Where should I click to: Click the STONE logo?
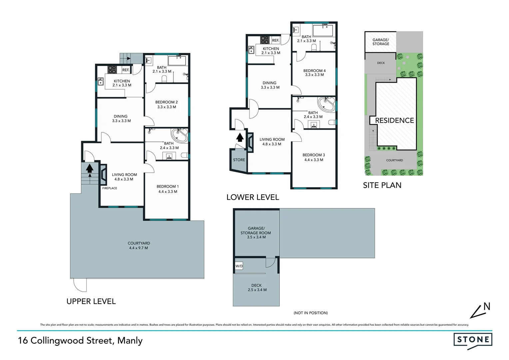pyautogui.click(x=473, y=340)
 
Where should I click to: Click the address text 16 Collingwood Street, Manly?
pyautogui.click(x=80, y=341)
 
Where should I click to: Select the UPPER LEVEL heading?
pyautogui.click(x=91, y=301)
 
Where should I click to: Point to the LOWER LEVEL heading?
pyautogui.click(x=253, y=197)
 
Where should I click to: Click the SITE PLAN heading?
pyautogui.click(x=382, y=185)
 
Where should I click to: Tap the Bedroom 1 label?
pyautogui.click(x=168, y=189)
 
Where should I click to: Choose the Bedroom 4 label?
pyautogui.click(x=314, y=73)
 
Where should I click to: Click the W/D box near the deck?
pyautogui.click(x=239, y=266)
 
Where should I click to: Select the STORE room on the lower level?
pyautogui.click(x=239, y=160)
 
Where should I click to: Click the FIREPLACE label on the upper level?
pyautogui.click(x=110, y=188)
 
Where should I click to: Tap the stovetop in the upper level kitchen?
pyautogui.click(x=112, y=70)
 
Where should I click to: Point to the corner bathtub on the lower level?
pyautogui.click(x=326, y=104)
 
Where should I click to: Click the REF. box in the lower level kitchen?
pyautogui.click(x=275, y=40)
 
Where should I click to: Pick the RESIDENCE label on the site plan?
pyautogui.click(x=394, y=120)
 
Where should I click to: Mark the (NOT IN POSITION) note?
pyautogui.click(x=310, y=313)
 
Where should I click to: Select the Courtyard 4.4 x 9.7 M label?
pyautogui.click(x=139, y=246)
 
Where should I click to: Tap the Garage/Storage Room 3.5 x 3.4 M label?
pyautogui.click(x=255, y=233)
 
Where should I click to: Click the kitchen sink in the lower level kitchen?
pyautogui.click(x=252, y=50)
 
